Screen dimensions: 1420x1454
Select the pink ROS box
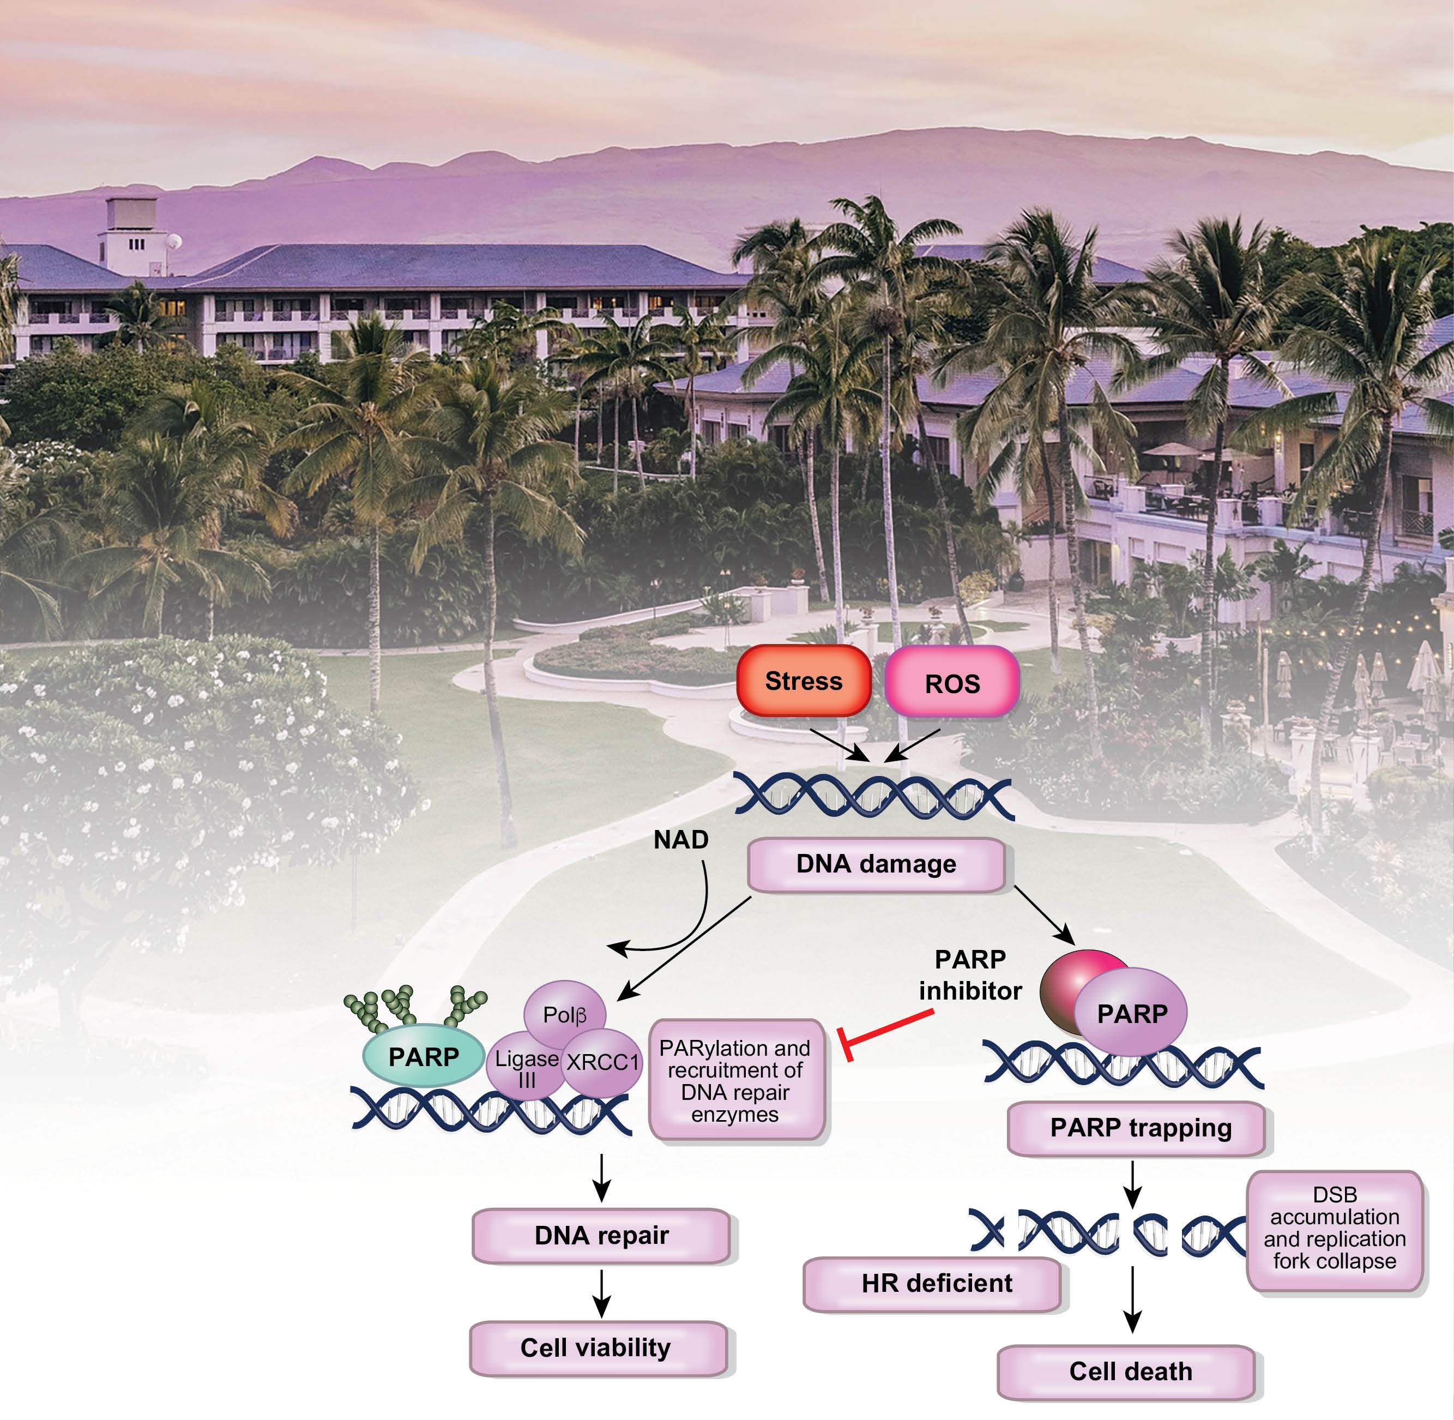[x=951, y=682]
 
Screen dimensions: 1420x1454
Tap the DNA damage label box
[x=876, y=864]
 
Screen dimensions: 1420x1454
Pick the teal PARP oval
[x=423, y=1057]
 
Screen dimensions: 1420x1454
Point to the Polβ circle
[x=564, y=1014]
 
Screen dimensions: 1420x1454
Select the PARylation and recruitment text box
[x=736, y=1080]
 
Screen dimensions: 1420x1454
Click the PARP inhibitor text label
[x=969, y=975]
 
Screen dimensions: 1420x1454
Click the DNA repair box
[x=601, y=1236]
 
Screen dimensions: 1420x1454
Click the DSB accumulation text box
[x=1334, y=1229]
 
